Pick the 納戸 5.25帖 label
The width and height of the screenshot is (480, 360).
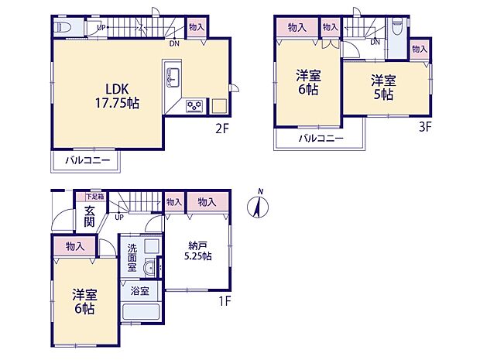(198, 250)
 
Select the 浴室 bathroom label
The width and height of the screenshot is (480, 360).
(139, 293)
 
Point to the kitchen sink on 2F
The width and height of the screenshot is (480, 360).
(173, 77)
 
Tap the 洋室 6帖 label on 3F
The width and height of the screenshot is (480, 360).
(307, 82)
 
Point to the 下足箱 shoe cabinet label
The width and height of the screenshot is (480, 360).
(95, 197)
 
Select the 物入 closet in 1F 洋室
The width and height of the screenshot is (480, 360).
(75, 246)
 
